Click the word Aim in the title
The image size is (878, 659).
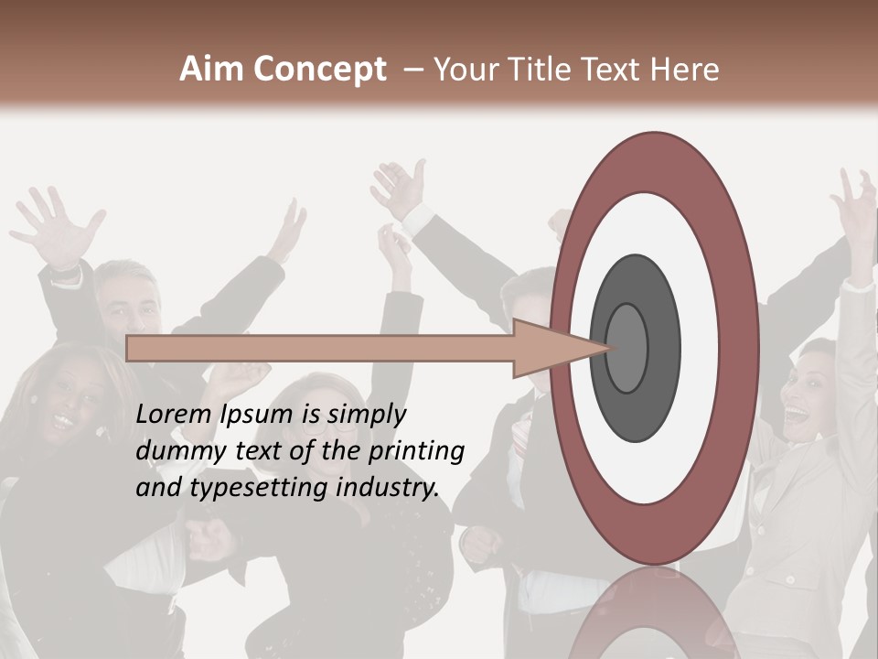click(x=212, y=70)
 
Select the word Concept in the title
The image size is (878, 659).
click(x=319, y=70)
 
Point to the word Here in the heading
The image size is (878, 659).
click(x=685, y=70)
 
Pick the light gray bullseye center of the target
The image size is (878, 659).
click(x=627, y=348)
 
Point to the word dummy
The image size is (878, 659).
click(x=173, y=451)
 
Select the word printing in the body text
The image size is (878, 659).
click(x=422, y=452)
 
